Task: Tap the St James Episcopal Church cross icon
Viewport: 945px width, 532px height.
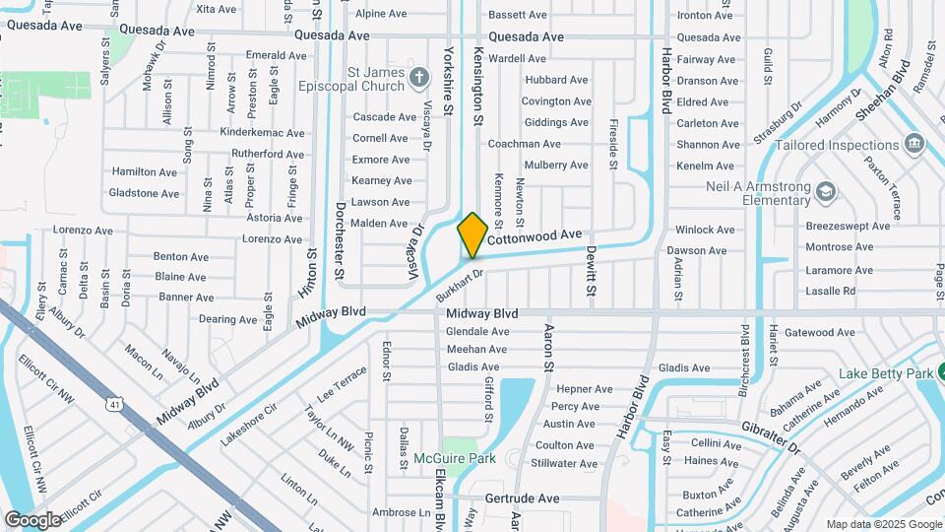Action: click(x=418, y=76)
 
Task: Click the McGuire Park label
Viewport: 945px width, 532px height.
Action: click(x=454, y=458)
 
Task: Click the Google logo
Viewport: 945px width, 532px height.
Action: click(x=33, y=519)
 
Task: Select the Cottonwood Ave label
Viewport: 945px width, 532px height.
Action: click(x=535, y=236)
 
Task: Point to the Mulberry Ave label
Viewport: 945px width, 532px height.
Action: click(x=556, y=166)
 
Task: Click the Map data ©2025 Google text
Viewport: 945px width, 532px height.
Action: click(x=884, y=524)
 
